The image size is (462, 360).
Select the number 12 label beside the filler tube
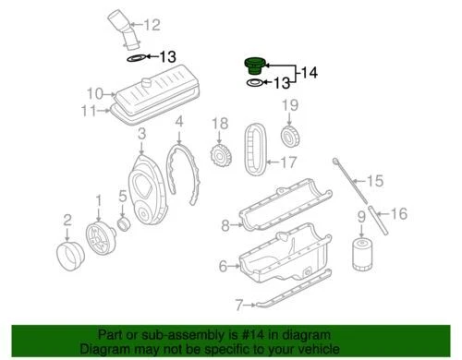pyautogui.click(x=151, y=25)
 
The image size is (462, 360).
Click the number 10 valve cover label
pyautogui.click(x=94, y=92)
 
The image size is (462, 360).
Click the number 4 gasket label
pyautogui.click(x=179, y=121)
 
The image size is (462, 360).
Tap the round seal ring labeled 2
pyautogui.click(x=68, y=252)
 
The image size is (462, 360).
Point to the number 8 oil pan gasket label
pyautogui.click(x=225, y=224)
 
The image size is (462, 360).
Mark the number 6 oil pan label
pyautogui.click(x=223, y=266)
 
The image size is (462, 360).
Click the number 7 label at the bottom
pyautogui.click(x=238, y=304)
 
